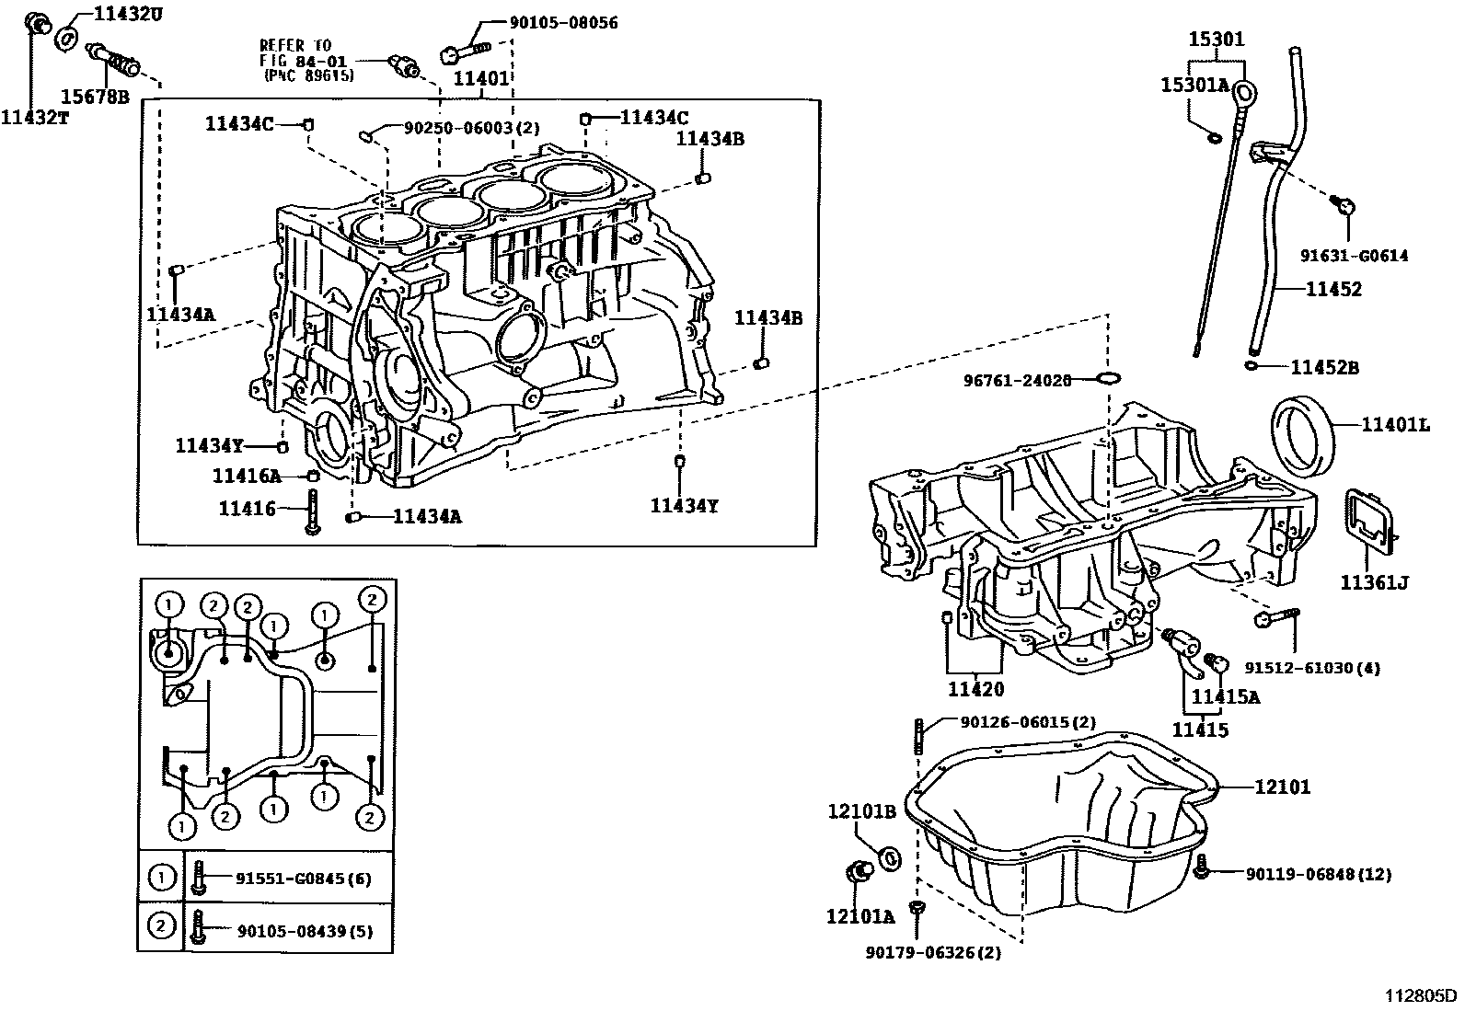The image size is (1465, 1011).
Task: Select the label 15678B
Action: pos(95,95)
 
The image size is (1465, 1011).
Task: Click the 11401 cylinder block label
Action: pos(480,79)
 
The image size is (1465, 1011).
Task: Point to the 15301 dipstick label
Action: pos(1216,39)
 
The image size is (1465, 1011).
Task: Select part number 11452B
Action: pos(1324,367)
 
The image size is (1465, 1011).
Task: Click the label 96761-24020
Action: pos(1017,380)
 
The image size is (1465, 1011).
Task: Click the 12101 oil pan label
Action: pos(1282,787)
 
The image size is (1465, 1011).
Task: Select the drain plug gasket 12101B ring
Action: pos(890,858)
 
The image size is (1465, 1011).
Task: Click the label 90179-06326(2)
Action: pos(933,953)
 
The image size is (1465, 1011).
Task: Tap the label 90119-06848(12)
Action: pos(1317,874)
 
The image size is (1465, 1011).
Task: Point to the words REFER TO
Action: pos(294,44)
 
